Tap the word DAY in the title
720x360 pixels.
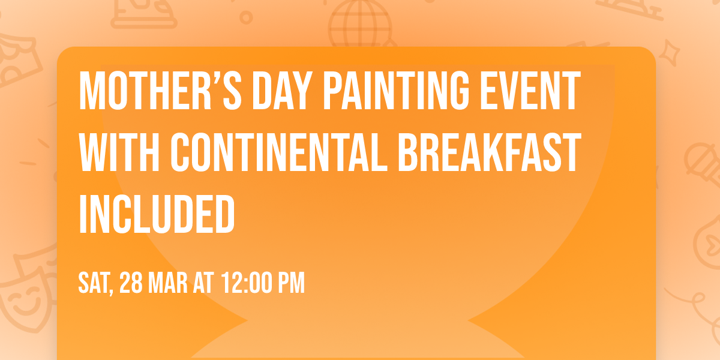tap(273, 91)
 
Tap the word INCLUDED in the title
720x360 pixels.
tap(157, 213)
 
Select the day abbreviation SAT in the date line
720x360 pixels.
tap(94, 283)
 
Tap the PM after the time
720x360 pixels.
tap(292, 283)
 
